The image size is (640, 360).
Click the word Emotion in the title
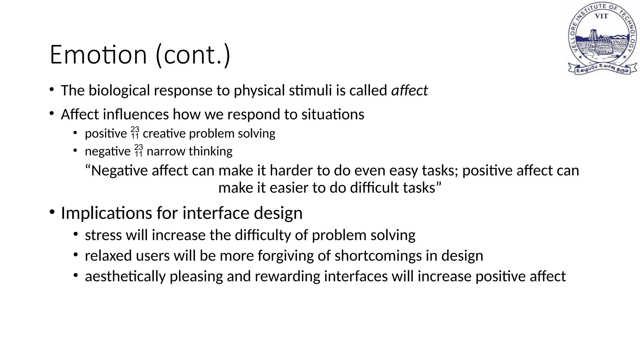click(98, 55)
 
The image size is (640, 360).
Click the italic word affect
click(409, 91)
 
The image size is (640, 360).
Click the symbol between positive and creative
click(135, 133)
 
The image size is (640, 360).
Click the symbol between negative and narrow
click(138, 151)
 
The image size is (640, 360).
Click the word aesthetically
click(125, 277)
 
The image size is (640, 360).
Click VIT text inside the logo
click(601, 16)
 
